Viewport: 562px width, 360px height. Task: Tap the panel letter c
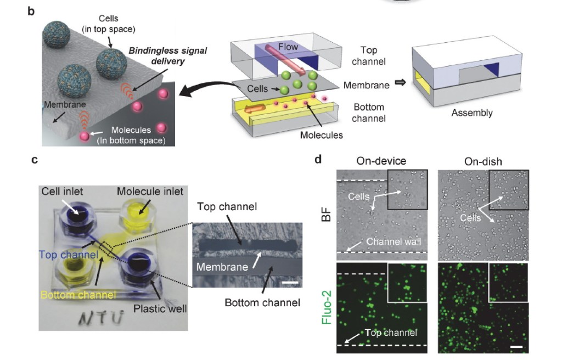[x=34, y=160]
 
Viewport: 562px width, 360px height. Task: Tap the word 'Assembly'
[x=471, y=114]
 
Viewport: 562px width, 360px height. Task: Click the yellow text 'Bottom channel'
[x=77, y=295]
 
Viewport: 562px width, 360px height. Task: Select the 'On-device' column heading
[x=381, y=161]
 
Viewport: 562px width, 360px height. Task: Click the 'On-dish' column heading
[x=483, y=161]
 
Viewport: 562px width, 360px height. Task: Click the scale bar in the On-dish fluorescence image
[x=517, y=347]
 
